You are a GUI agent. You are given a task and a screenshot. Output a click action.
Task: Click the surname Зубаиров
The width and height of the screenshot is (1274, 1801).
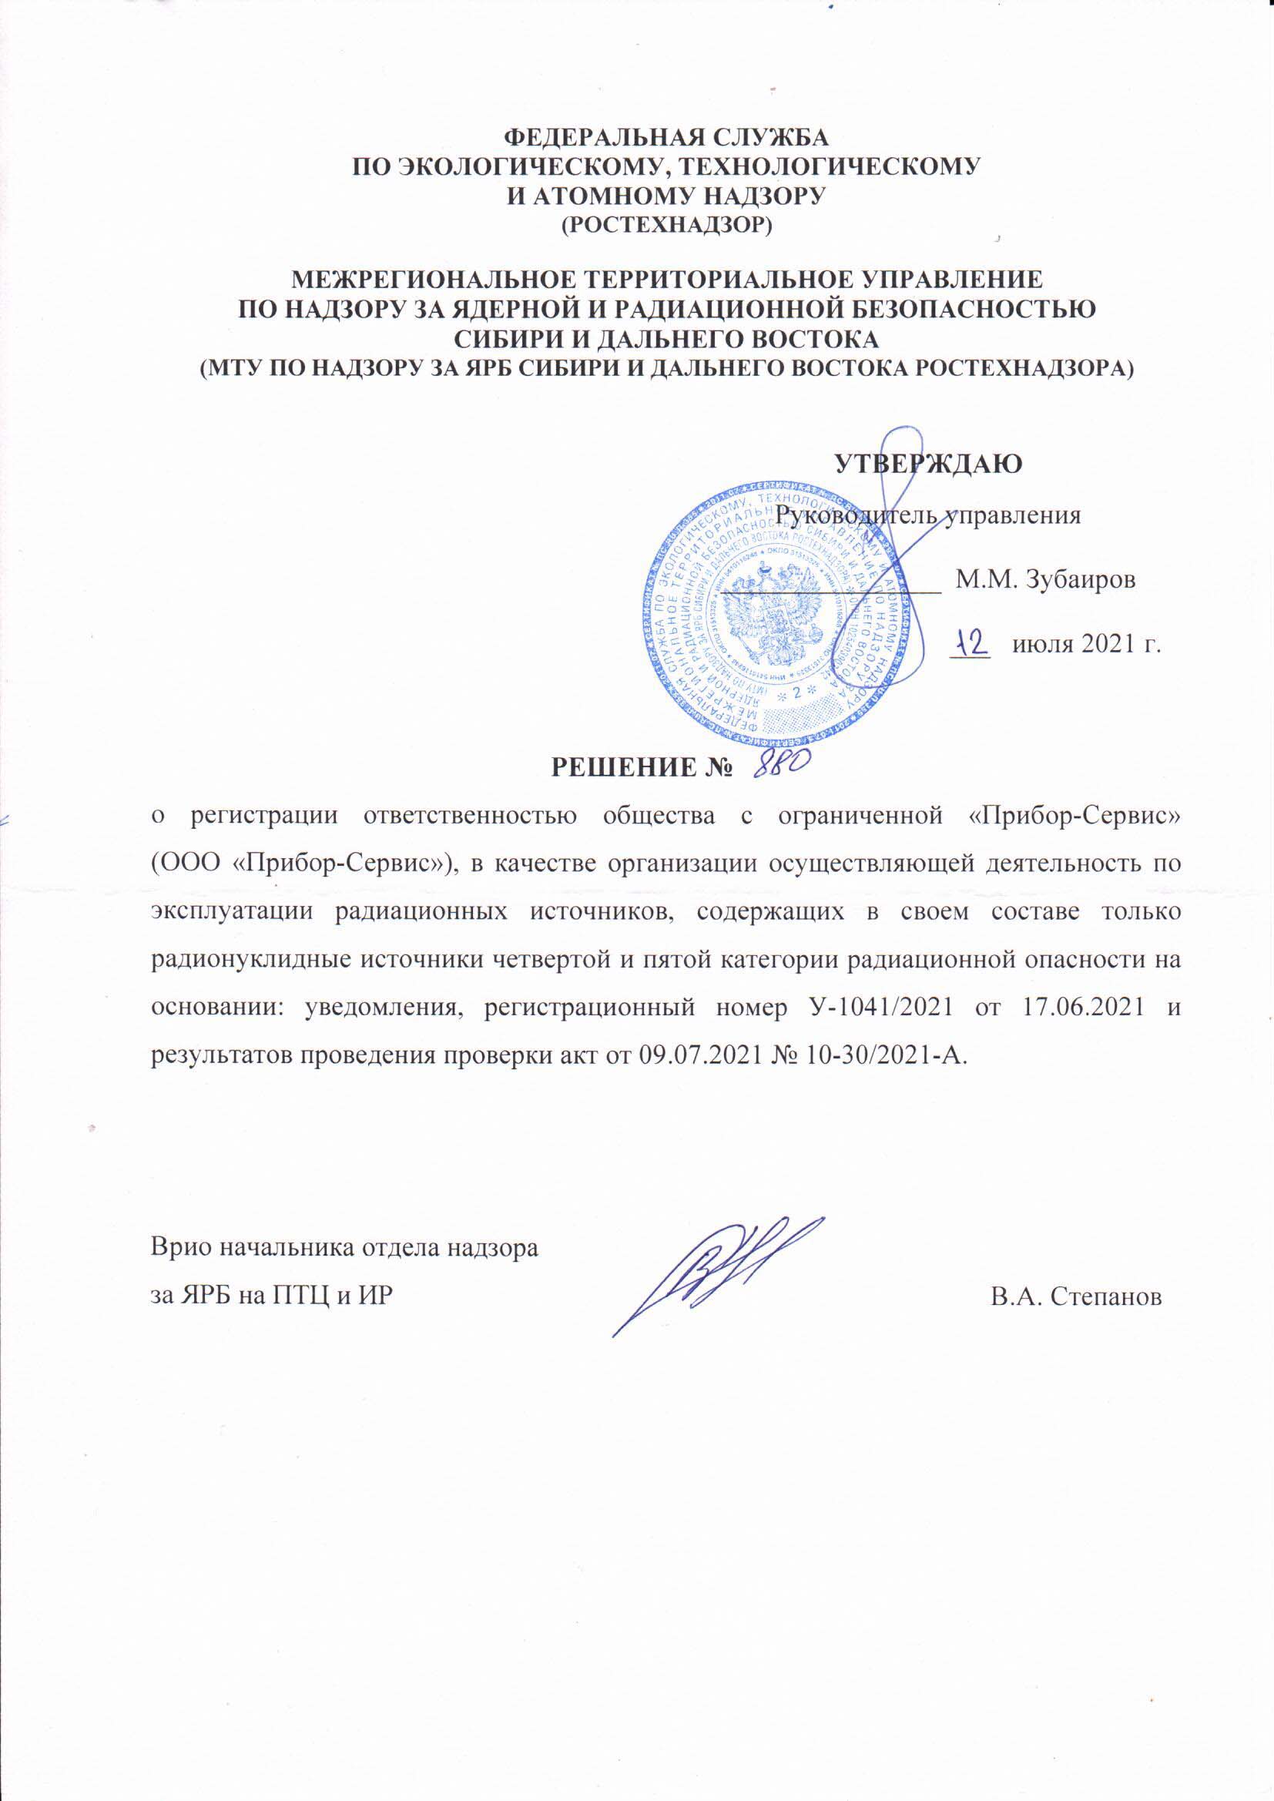click(x=1081, y=582)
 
